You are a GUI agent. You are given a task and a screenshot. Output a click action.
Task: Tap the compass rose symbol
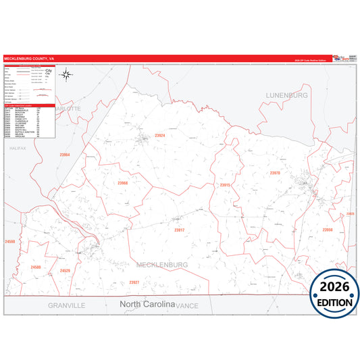pyautogui.click(x=66, y=74)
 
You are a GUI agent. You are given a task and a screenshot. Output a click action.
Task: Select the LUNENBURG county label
pyautogui.click(x=286, y=95)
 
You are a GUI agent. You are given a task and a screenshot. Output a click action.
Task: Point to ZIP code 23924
pyautogui.click(x=159, y=136)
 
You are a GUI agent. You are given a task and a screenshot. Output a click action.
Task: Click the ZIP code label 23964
pyautogui.click(x=65, y=155)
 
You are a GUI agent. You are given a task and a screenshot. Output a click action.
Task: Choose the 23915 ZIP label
pyautogui.click(x=225, y=184)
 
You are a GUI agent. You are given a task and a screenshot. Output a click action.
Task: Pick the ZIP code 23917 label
pyautogui.click(x=179, y=230)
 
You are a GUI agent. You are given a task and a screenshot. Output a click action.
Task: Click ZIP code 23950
pyautogui.click(x=327, y=230)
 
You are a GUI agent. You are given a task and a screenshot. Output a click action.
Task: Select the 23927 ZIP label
pyautogui.click(x=134, y=282)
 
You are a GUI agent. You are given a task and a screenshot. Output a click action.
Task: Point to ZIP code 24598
pyautogui.click(x=10, y=241)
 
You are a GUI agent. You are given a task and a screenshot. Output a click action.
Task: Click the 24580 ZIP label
pyautogui.click(x=35, y=267)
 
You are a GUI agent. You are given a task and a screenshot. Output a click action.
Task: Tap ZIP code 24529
pyautogui.click(x=65, y=271)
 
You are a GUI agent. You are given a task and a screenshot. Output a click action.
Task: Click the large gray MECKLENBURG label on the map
pyautogui.click(x=162, y=265)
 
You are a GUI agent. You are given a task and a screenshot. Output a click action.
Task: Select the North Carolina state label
pyautogui.click(x=147, y=304)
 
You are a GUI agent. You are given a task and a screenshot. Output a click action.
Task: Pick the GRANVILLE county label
pyautogui.click(x=66, y=305)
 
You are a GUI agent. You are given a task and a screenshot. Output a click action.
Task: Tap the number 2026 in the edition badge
pyautogui.click(x=335, y=287)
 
